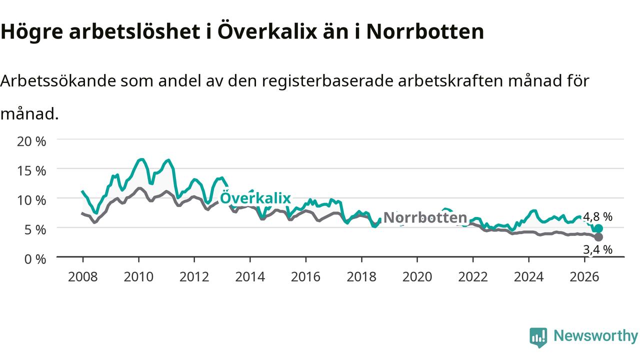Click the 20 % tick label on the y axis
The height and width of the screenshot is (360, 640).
click(31, 141)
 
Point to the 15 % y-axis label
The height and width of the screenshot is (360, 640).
click(31, 171)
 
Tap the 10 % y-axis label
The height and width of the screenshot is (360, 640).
click(31, 200)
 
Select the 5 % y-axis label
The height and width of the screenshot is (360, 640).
click(35, 229)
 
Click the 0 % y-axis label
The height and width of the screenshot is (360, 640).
click(35, 259)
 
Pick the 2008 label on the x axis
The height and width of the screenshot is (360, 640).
click(83, 277)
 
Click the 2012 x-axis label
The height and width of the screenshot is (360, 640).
click(194, 277)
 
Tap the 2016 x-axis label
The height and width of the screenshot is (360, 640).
click(305, 277)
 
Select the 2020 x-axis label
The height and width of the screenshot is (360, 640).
click(417, 277)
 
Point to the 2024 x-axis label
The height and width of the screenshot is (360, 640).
click(528, 277)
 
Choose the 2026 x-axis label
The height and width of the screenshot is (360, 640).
click(584, 277)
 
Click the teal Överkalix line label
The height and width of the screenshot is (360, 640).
click(255, 197)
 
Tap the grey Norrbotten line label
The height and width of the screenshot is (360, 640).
click(425, 217)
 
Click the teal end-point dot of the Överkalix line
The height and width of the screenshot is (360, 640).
click(598, 228)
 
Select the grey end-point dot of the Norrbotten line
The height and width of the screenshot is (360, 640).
click(598, 237)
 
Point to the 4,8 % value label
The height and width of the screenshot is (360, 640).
click(597, 217)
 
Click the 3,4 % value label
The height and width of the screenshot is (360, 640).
click(597, 249)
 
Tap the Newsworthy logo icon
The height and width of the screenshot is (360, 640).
click(538, 337)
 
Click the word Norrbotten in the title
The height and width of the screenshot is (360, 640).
click(425, 31)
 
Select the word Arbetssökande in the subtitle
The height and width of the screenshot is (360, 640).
click(58, 81)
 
